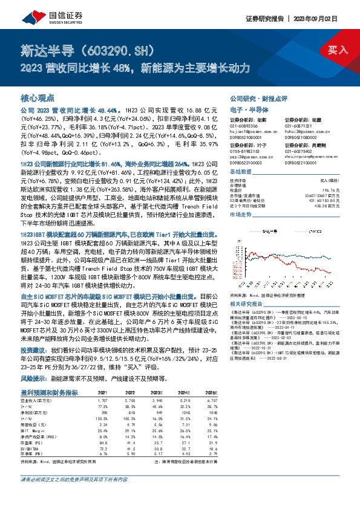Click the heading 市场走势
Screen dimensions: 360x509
[241, 215]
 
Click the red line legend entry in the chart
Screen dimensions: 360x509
[267, 230]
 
